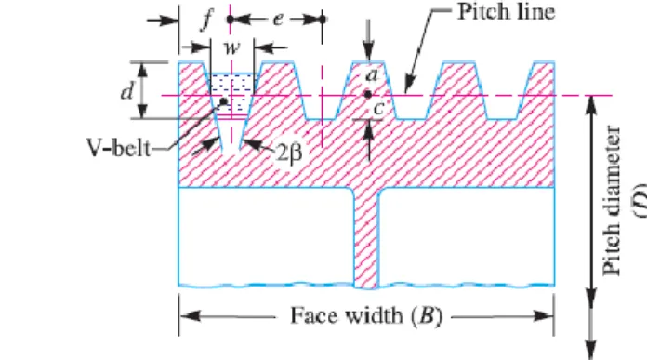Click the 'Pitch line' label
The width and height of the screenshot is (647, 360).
coord(507,12)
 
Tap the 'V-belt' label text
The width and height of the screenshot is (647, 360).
coord(118,147)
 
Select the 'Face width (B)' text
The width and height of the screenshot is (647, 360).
coord(366,316)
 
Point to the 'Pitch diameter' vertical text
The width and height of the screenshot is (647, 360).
coord(612,201)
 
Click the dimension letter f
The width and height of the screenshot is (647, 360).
coord(207,20)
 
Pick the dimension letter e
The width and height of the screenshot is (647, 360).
coord(279,19)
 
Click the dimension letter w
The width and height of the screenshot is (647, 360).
coord(231,47)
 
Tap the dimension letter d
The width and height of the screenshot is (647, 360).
coord(127,91)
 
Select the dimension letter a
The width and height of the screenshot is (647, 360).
coord(372,75)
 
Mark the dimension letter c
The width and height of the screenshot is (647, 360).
coord(378,109)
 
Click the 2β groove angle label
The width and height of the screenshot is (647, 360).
coord(289,153)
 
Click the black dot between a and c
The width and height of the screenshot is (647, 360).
coord(368,95)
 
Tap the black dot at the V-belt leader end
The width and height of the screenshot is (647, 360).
coord(224,101)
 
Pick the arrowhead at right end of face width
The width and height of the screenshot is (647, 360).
coord(544,316)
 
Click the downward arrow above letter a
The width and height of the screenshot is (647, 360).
coord(368,40)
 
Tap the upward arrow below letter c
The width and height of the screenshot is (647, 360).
coord(368,140)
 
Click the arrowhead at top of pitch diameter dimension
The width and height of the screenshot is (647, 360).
coord(592,106)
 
